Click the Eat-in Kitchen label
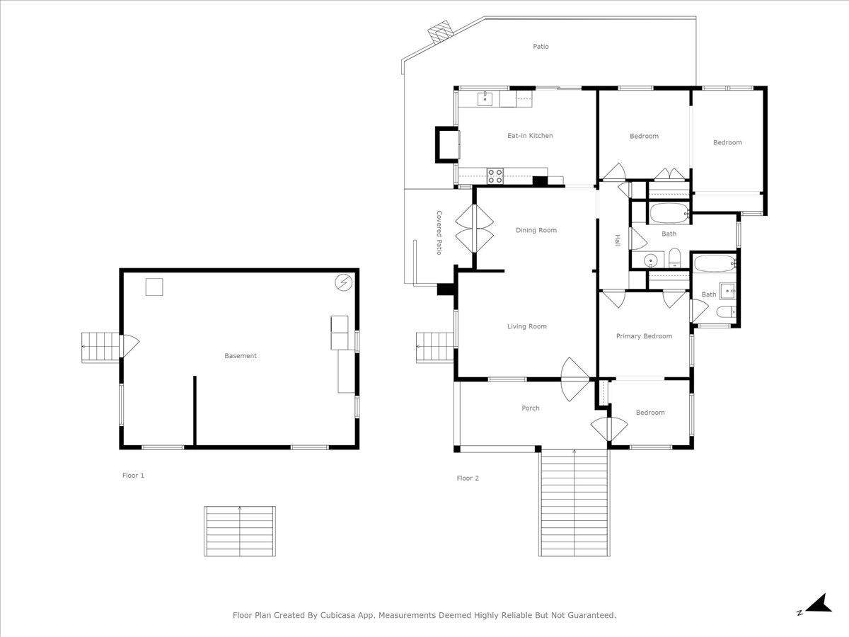click(x=530, y=136)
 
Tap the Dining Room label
click(x=536, y=230)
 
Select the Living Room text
click(x=527, y=326)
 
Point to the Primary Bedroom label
click(x=644, y=336)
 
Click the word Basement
click(x=241, y=356)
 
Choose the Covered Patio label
click(x=439, y=232)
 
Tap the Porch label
click(x=531, y=408)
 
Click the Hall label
click(x=618, y=240)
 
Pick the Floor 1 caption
click(x=133, y=476)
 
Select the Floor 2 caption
click(x=468, y=478)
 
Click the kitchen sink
click(x=485, y=98)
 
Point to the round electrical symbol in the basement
click(x=343, y=282)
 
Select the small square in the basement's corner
click(x=154, y=287)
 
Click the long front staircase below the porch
click(x=574, y=503)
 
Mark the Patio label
click(x=541, y=47)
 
